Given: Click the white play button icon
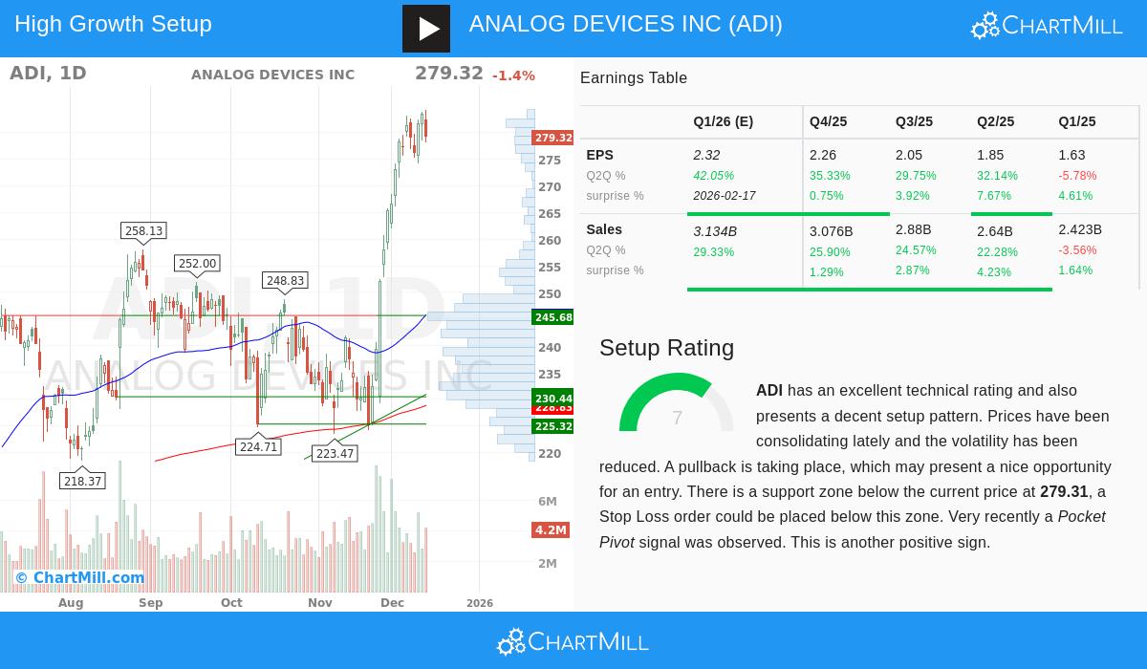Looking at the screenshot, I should (426, 29).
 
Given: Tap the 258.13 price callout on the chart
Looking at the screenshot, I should (144, 230).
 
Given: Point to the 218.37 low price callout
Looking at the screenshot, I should (82, 481).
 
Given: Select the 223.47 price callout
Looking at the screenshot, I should (335, 453).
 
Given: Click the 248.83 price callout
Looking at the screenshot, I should (285, 280).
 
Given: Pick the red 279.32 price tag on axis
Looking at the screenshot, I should (553, 138).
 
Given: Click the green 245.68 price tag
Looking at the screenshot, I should (553, 317).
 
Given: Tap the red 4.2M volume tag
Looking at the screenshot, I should (551, 529).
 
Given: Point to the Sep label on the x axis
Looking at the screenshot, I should (150, 603).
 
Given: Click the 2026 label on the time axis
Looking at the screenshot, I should (479, 603).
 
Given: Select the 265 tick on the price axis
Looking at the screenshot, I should (550, 214).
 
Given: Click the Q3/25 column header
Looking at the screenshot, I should (914, 121).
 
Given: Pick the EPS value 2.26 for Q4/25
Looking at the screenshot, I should (823, 155).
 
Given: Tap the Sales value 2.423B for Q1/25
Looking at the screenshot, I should (1080, 229).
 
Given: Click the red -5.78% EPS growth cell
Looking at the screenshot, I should (1077, 176).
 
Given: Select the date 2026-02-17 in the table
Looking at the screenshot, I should (725, 196).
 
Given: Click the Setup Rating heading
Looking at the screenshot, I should (666, 348).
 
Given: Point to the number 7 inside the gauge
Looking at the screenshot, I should (677, 418).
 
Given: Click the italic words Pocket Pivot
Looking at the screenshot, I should (1081, 517).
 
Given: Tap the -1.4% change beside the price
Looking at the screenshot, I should (513, 76).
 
